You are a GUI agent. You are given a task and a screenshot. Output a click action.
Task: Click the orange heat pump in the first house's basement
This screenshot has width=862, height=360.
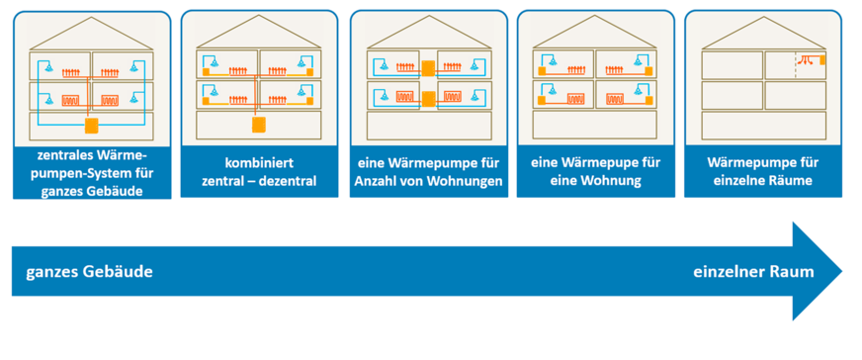click(x=91, y=126)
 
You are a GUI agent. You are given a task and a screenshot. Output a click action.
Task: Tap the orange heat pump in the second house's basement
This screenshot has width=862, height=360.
click(x=259, y=126)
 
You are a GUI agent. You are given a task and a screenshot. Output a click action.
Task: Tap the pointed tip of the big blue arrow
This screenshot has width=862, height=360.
click(x=840, y=271)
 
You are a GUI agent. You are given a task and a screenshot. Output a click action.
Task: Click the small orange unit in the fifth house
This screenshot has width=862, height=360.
click(x=821, y=60)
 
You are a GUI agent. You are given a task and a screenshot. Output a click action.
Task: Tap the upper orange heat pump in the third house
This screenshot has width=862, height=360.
click(x=427, y=68)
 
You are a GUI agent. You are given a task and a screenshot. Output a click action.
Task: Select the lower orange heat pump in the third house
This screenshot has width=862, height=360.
click(x=427, y=99)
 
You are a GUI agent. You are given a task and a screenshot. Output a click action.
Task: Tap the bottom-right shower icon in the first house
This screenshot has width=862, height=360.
click(x=134, y=99)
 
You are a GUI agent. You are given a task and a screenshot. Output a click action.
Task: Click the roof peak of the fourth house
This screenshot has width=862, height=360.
click(x=595, y=19)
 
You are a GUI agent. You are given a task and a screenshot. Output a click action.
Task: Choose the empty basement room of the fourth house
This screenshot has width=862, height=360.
click(x=595, y=126)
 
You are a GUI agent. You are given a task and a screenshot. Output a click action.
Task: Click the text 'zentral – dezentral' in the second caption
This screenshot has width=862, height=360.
click(x=259, y=181)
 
